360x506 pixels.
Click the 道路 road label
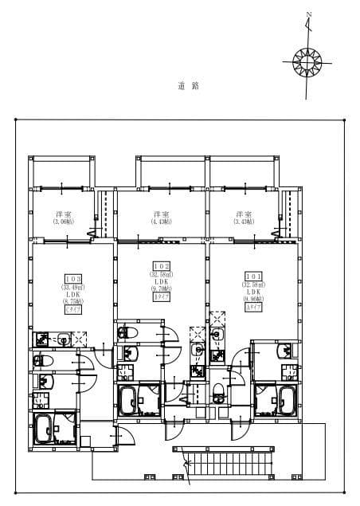click(188, 85)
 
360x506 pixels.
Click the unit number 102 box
click(159, 267)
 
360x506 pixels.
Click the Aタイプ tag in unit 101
click(254, 308)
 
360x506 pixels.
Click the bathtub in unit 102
click(129, 399)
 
